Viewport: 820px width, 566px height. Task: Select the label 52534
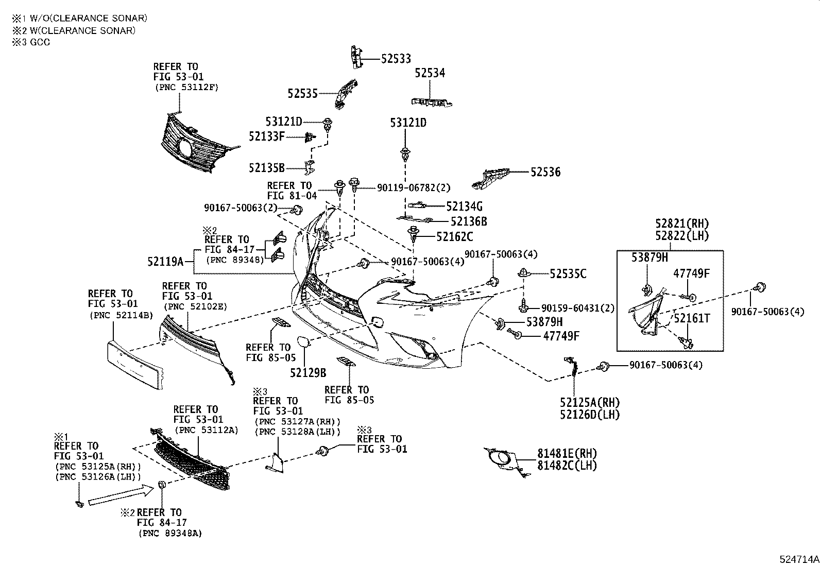[x=430, y=74]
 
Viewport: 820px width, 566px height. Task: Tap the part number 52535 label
[x=302, y=93]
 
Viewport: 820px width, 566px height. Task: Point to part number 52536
[x=545, y=172]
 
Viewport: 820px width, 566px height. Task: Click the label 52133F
[x=266, y=136]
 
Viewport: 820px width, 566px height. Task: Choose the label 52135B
[x=266, y=168]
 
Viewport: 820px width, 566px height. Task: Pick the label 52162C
[x=454, y=237]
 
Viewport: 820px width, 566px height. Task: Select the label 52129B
[x=307, y=373]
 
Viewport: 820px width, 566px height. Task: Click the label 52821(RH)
[x=682, y=224]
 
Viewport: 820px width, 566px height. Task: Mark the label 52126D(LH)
[x=590, y=414]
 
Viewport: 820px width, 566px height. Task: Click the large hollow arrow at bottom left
[x=122, y=495]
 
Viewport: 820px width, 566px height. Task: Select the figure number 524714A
[x=798, y=559]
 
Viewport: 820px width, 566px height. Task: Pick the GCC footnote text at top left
[x=31, y=42]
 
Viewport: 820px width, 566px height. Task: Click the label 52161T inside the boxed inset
[x=692, y=319]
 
